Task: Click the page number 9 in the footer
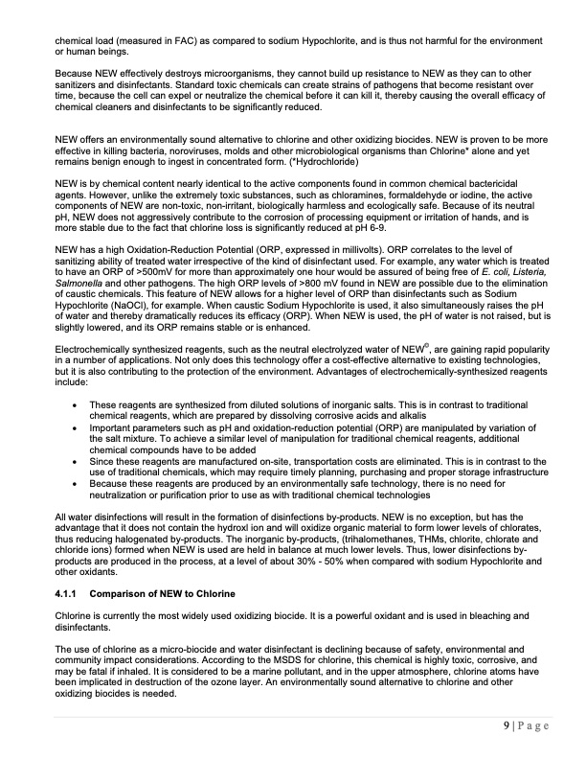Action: (x=506, y=725)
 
